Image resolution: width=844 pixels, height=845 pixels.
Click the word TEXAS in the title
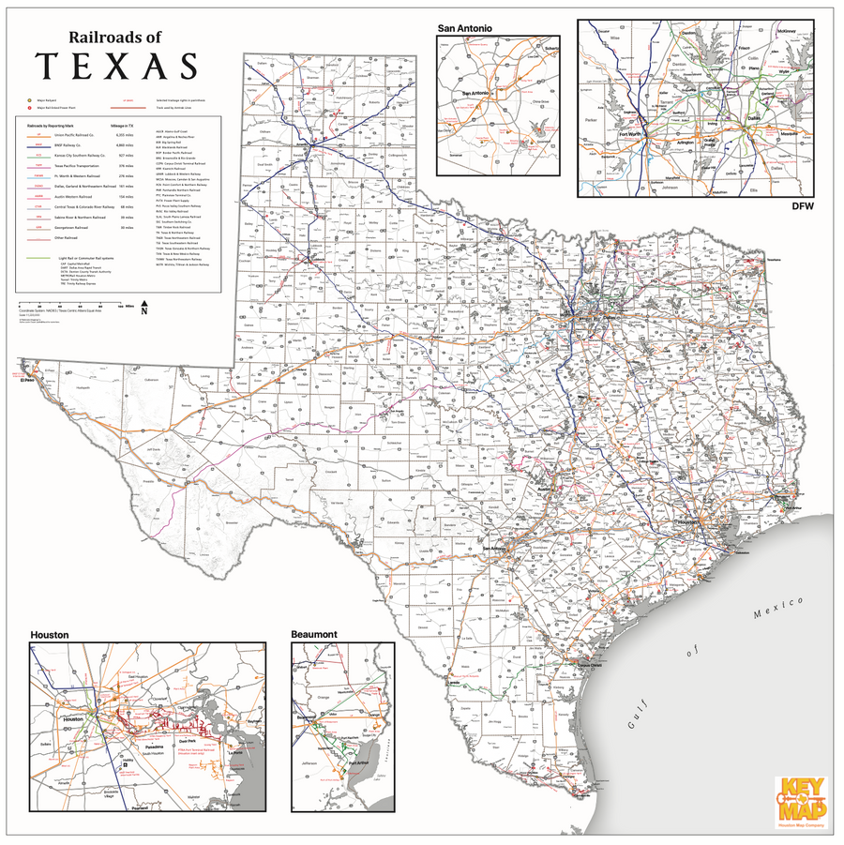(x=116, y=67)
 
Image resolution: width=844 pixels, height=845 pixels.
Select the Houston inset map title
(x=50, y=635)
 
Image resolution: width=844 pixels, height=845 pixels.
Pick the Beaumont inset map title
(x=314, y=635)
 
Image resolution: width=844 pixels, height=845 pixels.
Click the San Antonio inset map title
(x=464, y=29)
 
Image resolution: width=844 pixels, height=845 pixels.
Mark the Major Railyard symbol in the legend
(x=30, y=98)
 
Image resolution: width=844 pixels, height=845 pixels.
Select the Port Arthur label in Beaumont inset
(x=357, y=762)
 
